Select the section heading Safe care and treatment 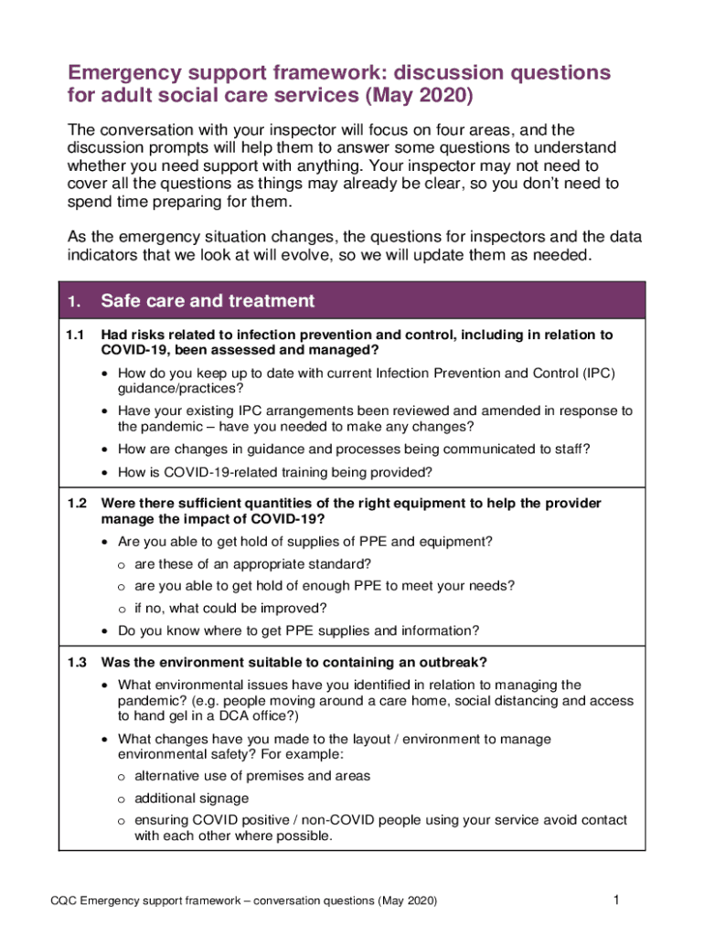208,301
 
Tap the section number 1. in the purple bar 74,302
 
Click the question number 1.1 76,335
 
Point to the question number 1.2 76,504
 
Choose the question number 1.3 76,662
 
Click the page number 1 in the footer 616,900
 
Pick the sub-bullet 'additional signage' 191,798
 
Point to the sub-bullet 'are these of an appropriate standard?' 252,564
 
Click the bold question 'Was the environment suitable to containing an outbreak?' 293,662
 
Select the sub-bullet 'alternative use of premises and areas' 252,775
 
